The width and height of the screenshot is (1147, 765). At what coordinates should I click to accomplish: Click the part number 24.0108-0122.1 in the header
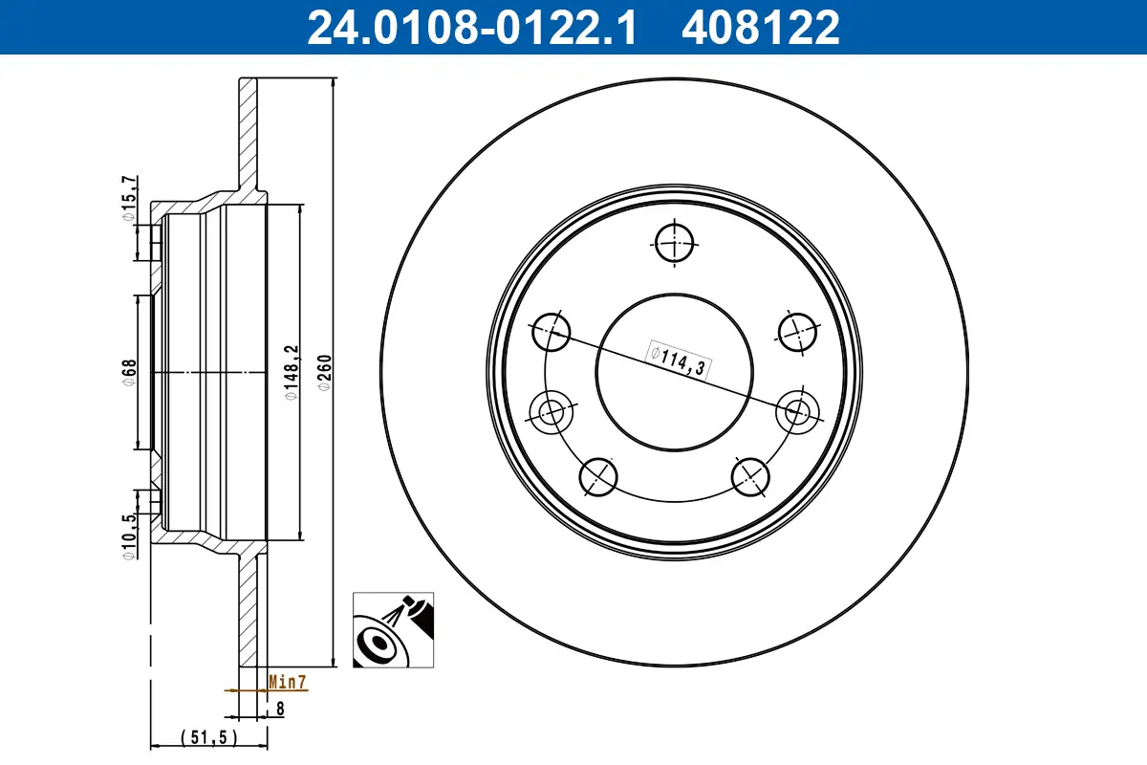click(469, 27)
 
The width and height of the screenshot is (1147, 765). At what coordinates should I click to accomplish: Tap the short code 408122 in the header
click(760, 27)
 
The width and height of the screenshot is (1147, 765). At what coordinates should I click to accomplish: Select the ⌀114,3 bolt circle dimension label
click(680, 361)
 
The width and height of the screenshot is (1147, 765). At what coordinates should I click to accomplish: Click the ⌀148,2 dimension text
click(291, 370)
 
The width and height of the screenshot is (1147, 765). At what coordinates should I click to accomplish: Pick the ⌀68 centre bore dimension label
click(129, 370)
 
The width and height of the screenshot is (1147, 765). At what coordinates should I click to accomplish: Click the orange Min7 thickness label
click(286, 682)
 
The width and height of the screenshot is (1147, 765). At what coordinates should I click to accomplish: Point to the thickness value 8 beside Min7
click(280, 709)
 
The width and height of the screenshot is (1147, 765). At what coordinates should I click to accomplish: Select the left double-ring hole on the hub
click(552, 412)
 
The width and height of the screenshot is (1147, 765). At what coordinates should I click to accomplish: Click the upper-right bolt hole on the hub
click(796, 332)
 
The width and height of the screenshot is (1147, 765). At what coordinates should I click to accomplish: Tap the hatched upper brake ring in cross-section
click(248, 134)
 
